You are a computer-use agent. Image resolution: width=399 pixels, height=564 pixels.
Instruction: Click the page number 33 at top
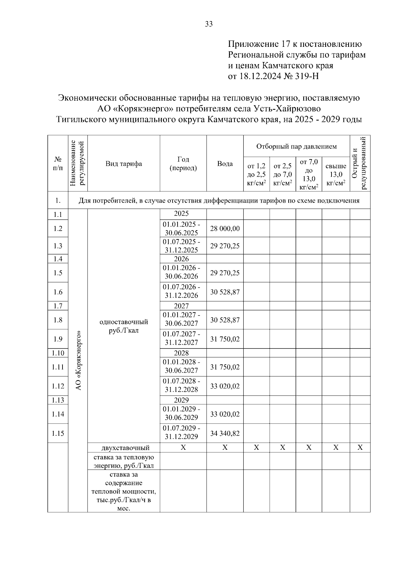pos(209,24)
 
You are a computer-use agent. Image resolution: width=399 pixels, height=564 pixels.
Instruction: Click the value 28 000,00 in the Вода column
pos(225,229)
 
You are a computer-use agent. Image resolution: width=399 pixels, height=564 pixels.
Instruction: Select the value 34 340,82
pos(225,433)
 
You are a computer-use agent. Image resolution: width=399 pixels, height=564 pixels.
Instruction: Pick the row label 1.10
pos(58,353)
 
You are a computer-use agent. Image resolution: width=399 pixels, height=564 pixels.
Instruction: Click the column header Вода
pos(225,164)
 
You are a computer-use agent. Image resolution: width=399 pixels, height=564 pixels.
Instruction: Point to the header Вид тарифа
pos(124,164)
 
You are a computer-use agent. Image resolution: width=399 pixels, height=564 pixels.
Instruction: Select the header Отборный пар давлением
pos(296,146)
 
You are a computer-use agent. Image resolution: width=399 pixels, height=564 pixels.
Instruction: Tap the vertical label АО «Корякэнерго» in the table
pos(78,360)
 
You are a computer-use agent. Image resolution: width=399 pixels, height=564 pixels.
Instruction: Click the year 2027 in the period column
pos(181,306)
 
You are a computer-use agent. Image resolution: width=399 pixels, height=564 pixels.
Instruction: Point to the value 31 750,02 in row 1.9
pos(225,339)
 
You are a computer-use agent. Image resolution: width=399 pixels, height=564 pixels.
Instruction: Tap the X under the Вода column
pos(225,448)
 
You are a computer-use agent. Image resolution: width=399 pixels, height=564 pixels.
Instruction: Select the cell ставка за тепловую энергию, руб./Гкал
pos(124,461)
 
